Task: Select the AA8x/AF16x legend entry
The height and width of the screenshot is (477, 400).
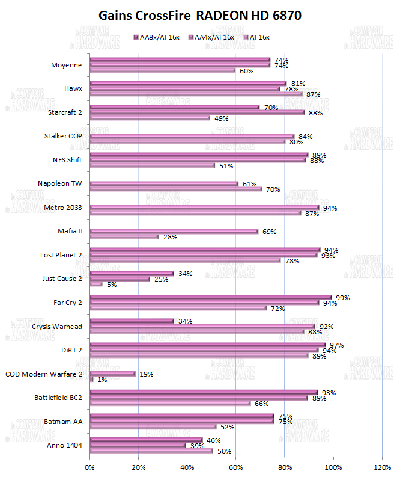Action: click(x=157, y=37)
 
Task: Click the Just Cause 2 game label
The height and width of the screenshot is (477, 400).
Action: click(x=62, y=279)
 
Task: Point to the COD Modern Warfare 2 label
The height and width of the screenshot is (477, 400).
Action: click(x=43, y=374)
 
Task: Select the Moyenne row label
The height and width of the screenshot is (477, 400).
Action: click(x=68, y=64)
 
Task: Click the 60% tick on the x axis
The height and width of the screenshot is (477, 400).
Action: click(x=236, y=466)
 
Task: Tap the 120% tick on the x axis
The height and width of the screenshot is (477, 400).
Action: click(x=383, y=466)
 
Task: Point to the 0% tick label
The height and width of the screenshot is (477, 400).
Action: click(x=90, y=466)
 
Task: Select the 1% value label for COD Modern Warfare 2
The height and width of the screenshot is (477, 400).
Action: click(x=102, y=380)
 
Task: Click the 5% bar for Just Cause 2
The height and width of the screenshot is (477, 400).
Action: click(x=96, y=284)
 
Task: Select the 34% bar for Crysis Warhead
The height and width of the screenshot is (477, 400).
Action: click(x=132, y=321)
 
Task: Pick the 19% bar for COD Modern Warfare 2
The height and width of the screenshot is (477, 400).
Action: click(x=113, y=374)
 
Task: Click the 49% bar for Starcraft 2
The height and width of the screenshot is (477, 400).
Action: click(x=150, y=118)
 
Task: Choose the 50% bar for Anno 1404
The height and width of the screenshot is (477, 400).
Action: click(x=151, y=451)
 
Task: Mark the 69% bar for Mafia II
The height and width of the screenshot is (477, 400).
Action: click(x=174, y=231)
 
